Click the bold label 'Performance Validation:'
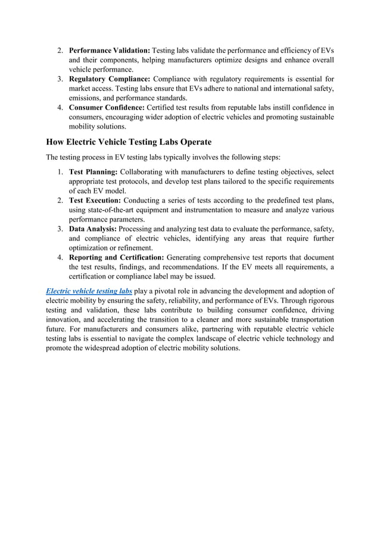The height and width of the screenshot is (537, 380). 110,50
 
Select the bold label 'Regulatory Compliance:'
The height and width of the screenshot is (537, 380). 110,79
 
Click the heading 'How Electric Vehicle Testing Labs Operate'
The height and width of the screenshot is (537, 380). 129,142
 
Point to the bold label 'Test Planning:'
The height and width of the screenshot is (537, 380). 93,172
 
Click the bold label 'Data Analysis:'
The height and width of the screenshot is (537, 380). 93,229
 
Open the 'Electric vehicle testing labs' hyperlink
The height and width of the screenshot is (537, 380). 89,291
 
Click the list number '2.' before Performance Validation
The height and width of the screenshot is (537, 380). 61,50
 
